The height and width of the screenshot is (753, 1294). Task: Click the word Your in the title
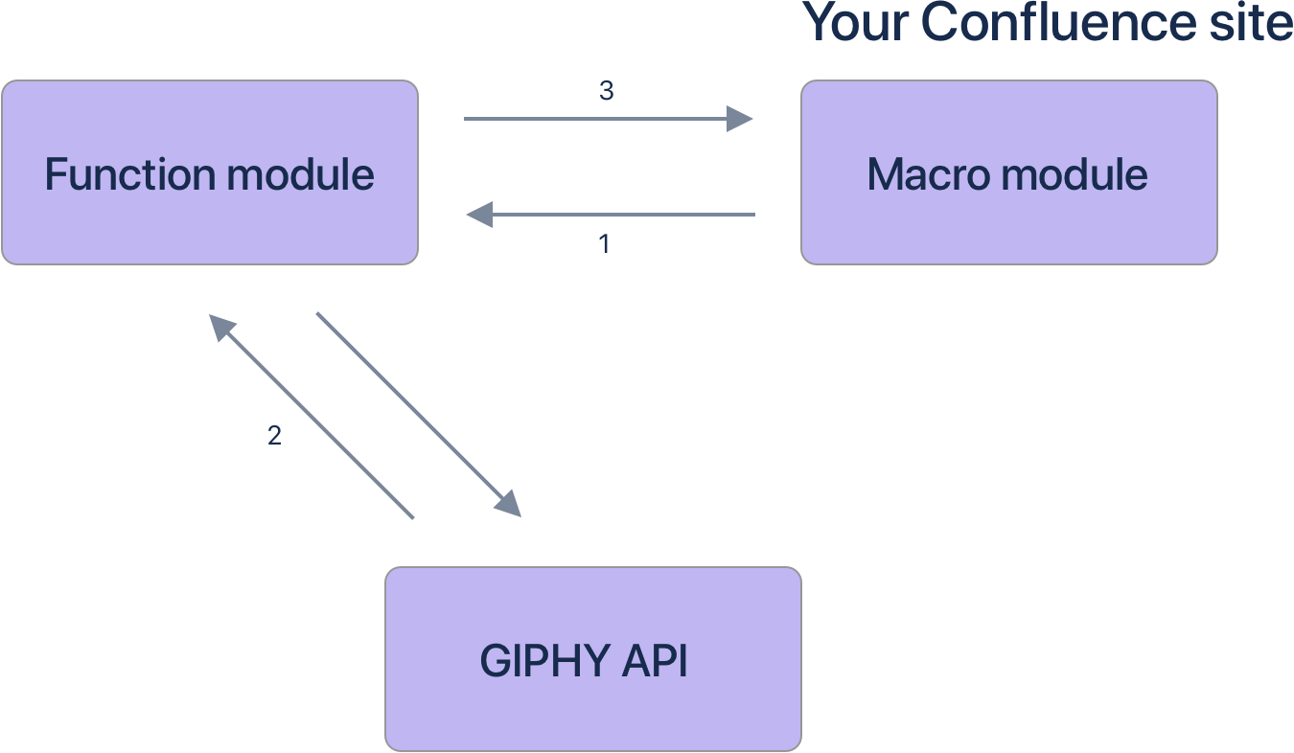click(856, 23)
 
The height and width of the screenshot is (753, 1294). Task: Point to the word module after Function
click(300, 174)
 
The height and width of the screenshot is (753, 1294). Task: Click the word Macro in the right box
click(926, 174)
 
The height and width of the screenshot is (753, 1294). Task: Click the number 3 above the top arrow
click(606, 91)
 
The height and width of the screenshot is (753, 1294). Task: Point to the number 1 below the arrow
click(604, 244)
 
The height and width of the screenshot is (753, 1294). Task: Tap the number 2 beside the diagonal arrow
click(274, 436)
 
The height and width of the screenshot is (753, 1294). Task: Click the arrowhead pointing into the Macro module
click(739, 119)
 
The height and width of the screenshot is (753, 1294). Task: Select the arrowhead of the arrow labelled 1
click(479, 215)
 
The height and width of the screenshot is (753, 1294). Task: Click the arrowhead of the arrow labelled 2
click(221, 327)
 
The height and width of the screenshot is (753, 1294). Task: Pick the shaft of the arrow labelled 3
click(594, 119)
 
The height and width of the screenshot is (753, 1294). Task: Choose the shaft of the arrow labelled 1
click(623, 215)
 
